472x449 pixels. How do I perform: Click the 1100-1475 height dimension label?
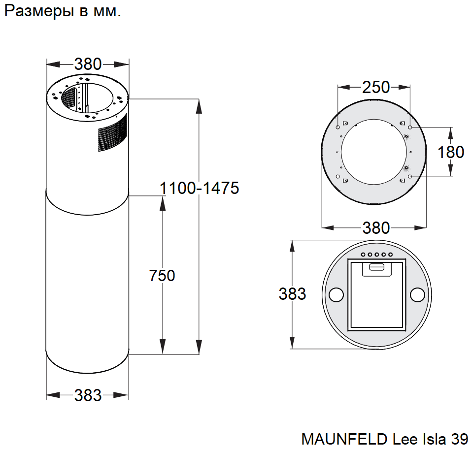pos(199,188)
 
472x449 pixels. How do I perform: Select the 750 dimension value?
pos(162,276)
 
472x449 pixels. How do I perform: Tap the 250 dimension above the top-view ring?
pos(375,87)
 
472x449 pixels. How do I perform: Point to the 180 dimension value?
pos(451,152)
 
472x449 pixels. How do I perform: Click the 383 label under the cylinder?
pos(88,395)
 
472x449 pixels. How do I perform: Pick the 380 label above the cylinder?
pos(88,64)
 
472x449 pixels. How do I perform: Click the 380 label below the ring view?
pos(376,228)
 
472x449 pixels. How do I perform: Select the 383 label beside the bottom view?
pos(292,294)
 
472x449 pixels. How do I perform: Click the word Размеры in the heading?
pos(39,11)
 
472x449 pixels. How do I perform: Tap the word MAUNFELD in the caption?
pos(344,439)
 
